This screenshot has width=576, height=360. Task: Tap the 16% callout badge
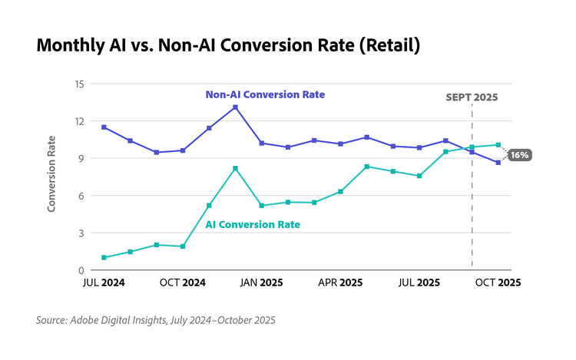520,155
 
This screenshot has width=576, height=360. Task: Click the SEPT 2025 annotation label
472,97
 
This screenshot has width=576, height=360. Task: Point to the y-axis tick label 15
79,84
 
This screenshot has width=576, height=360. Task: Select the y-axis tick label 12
79,121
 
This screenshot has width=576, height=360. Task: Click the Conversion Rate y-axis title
51,173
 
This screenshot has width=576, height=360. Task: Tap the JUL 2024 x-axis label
103,282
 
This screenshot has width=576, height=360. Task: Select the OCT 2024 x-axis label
181,282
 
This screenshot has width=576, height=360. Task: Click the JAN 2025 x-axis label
261,282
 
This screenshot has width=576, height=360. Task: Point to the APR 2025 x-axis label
339,282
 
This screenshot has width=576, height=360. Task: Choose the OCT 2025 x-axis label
498,282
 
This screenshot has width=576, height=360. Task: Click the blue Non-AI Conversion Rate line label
265,94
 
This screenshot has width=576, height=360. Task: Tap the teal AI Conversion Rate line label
252,225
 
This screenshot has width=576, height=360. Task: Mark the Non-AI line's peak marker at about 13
235,107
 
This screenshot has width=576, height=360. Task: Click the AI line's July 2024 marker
104,257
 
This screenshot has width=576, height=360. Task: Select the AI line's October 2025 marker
498,144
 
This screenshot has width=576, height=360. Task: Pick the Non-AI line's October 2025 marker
498,162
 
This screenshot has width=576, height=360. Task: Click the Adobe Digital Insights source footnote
155,320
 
